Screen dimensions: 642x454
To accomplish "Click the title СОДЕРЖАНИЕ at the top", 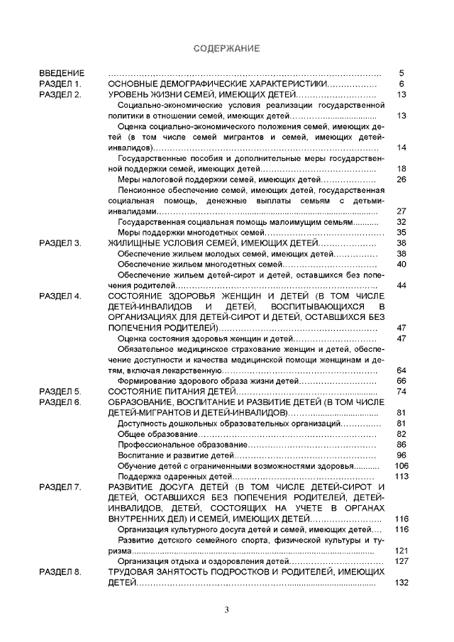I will point(227,48).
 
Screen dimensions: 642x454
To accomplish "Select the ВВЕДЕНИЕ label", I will point(62,73).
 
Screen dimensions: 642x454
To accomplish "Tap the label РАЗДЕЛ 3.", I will point(61,243).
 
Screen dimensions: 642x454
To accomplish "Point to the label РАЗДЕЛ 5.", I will point(61,391).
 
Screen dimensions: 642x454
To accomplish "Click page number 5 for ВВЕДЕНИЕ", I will point(402,73).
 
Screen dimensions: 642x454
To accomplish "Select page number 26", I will point(401,179).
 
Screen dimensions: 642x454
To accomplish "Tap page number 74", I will point(401,391).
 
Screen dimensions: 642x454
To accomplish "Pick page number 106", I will point(399,465).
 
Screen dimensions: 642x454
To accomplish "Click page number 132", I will point(399,582).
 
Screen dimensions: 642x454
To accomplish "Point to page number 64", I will point(401,370).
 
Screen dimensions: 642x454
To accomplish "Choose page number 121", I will point(399,550).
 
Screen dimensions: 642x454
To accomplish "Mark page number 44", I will point(401,285).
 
